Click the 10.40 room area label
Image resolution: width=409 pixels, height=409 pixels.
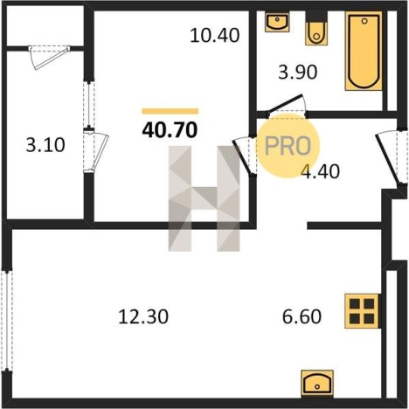[x=215, y=35]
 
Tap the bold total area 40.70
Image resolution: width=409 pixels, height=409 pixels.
[x=170, y=129]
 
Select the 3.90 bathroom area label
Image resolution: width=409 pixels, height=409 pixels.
[x=297, y=72]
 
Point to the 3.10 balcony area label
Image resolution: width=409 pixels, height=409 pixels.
[x=45, y=145]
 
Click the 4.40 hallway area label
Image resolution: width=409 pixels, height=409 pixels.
[x=320, y=171]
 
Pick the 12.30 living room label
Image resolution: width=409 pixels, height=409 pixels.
[x=143, y=316]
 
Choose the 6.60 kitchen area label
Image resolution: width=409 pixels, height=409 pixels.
[x=302, y=316]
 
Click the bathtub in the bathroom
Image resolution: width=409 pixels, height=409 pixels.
[x=364, y=51]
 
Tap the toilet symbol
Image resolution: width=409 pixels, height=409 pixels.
[x=316, y=29]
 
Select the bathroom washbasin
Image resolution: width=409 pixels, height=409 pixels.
[x=277, y=21]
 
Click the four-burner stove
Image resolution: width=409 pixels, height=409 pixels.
[x=362, y=311]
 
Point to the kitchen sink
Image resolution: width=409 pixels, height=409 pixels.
[x=317, y=384]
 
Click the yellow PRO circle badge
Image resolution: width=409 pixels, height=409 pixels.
[x=288, y=146]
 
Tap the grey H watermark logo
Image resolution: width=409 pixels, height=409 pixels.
[x=204, y=198]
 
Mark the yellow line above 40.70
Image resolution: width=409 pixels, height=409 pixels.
[x=170, y=111]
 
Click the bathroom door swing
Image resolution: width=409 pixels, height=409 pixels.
[x=287, y=104]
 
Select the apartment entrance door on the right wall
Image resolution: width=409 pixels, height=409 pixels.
[x=391, y=158]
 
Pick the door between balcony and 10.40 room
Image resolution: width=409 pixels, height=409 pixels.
[x=95, y=151]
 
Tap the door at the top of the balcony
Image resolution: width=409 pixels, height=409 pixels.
[x=49, y=58]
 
